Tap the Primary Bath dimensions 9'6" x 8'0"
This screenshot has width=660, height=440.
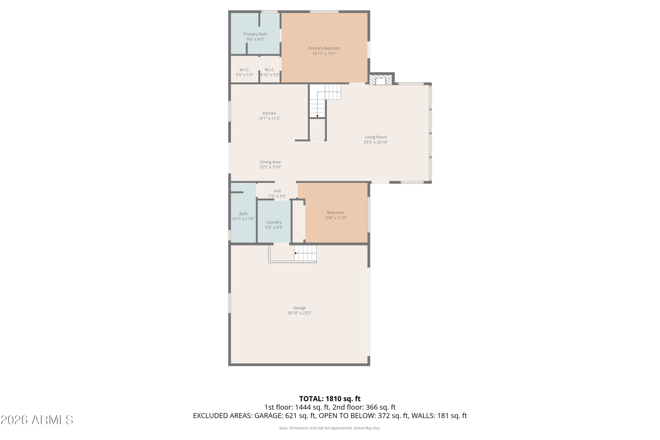click(255, 40)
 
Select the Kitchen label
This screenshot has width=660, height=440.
click(269, 113)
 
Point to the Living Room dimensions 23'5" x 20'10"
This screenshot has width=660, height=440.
click(376, 142)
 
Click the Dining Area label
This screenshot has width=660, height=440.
click(270, 162)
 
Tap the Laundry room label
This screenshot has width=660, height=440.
click(274, 222)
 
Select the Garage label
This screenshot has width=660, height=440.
click(299, 308)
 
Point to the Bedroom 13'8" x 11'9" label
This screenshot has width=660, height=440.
click(335, 215)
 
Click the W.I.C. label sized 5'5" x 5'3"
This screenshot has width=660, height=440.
click(244, 72)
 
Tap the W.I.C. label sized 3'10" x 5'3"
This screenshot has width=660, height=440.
click(270, 72)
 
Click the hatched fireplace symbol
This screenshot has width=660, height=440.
click(381, 80)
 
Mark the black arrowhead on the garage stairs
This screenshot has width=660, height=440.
click(295, 253)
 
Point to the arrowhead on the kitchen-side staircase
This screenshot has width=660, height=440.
click(317, 116)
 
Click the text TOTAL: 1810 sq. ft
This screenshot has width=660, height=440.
click(330, 399)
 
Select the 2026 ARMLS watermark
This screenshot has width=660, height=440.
click(37, 420)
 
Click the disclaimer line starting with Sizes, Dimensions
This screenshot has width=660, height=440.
click(330, 428)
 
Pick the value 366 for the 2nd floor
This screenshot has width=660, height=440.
click(372, 407)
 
